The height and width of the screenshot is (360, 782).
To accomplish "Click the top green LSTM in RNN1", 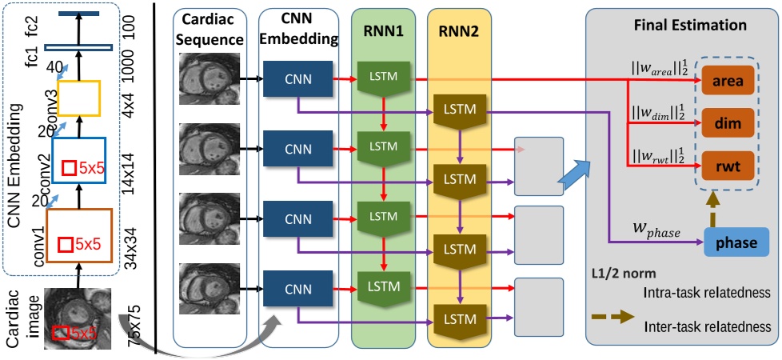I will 384,77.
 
